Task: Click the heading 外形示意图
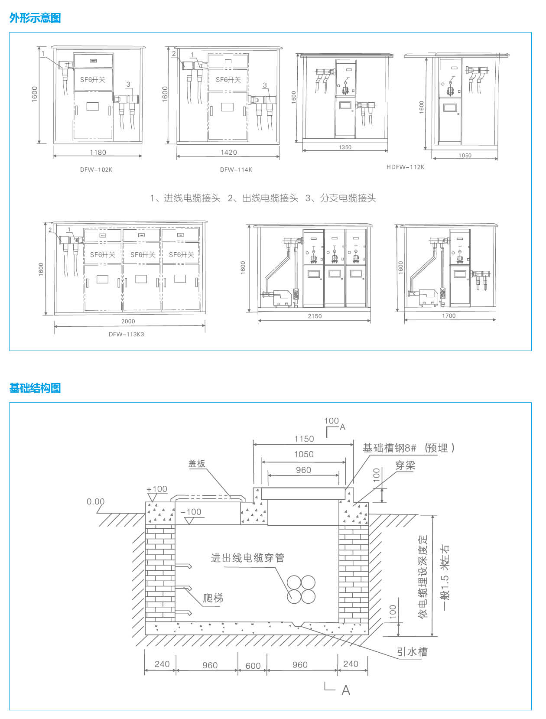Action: [x=35, y=18]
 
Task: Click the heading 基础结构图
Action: [x=35, y=388]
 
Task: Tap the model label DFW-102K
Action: [x=96, y=169]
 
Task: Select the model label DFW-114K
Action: [x=236, y=169]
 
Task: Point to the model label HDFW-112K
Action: [x=406, y=167]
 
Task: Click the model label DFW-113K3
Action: [x=127, y=334]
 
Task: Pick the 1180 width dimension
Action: [x=98, y=152]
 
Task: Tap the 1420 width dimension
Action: [x=229, y=152]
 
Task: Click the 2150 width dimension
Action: [x=315, y=316]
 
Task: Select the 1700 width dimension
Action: [x=449, y=316]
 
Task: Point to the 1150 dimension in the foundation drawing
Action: [x=304, y=439]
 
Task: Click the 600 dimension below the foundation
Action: [x=253, y=666]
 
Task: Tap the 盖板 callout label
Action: [x=197, y=464]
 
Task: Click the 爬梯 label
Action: [x=213, y=598]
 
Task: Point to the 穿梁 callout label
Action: [x=405, y=465]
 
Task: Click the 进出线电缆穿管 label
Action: [x=248, y=558]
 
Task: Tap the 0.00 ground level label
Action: [x=96, y=502]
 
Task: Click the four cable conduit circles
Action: [x=301, y=589]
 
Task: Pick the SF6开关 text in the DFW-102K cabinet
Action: [x=93, y=80]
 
